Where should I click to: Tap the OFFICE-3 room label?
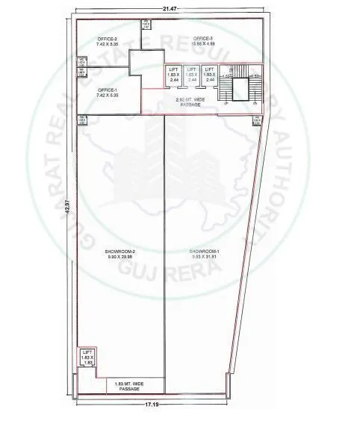pos(203,38)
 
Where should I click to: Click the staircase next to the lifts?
pos(240,84)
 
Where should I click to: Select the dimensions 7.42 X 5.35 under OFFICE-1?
pos(105,95)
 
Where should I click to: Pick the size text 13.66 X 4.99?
pos(203,44)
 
